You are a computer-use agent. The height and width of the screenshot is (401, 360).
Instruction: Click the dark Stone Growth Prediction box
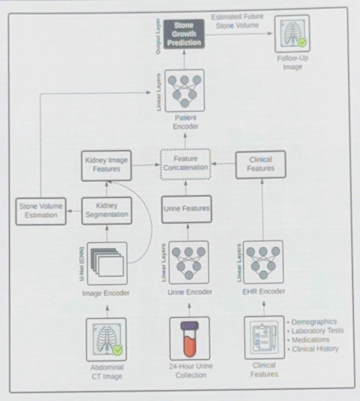coord(184,34)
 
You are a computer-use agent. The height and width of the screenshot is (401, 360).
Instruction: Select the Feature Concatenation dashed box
coord(186,164)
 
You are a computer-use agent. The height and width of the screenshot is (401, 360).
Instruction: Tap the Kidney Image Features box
coord(107,166)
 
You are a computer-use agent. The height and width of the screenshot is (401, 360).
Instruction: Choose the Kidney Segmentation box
coord(107,211)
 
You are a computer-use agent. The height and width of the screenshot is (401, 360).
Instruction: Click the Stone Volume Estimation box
coord(41,211)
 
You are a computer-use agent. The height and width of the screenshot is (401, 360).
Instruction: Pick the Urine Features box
coord(187,209)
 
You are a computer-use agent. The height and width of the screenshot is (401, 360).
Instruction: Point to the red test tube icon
coord(190,339)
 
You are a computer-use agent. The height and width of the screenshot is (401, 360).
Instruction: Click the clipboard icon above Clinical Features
coord(264,338)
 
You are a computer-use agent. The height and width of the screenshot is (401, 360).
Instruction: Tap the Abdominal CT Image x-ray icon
coord(107,340)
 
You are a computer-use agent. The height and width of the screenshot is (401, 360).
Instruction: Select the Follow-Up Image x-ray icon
coord(292,34)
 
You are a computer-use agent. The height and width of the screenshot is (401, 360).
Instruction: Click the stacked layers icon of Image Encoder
coord(107,264)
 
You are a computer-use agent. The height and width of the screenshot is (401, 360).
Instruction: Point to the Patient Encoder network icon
coord(185,91)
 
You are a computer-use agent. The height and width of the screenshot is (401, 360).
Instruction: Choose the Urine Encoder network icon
coord(189,263)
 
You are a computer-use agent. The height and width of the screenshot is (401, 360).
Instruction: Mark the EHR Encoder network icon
coord(264,262)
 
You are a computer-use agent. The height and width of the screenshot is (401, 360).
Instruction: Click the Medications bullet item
coord(308,340)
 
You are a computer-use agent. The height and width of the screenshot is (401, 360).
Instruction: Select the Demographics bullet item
coord(312,322)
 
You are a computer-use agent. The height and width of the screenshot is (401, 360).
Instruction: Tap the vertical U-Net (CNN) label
coord(82,264)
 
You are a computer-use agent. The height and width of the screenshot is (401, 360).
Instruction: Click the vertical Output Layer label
coord(158,36)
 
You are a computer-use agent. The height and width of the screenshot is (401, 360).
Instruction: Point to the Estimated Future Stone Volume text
coord(237,21)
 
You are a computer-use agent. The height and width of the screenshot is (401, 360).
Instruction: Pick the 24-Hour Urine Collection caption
coord(191,371)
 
